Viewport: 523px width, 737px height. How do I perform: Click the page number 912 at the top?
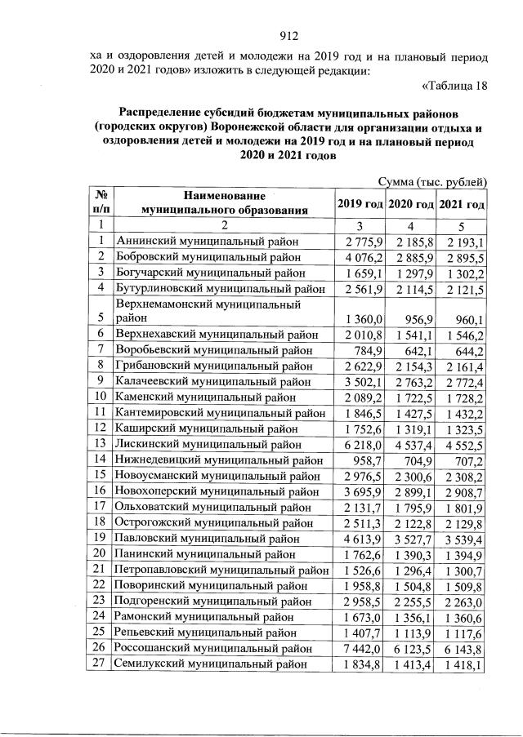click(287, 35)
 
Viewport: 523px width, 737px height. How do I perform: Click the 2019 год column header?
click(360, 203)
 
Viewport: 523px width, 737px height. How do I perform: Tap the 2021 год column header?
click(463, 203)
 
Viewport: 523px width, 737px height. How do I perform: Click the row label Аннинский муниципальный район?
click(208, 241)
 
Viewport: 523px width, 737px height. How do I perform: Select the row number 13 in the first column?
click(100, 443)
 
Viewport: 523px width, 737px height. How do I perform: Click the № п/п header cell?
click(100, 203)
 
